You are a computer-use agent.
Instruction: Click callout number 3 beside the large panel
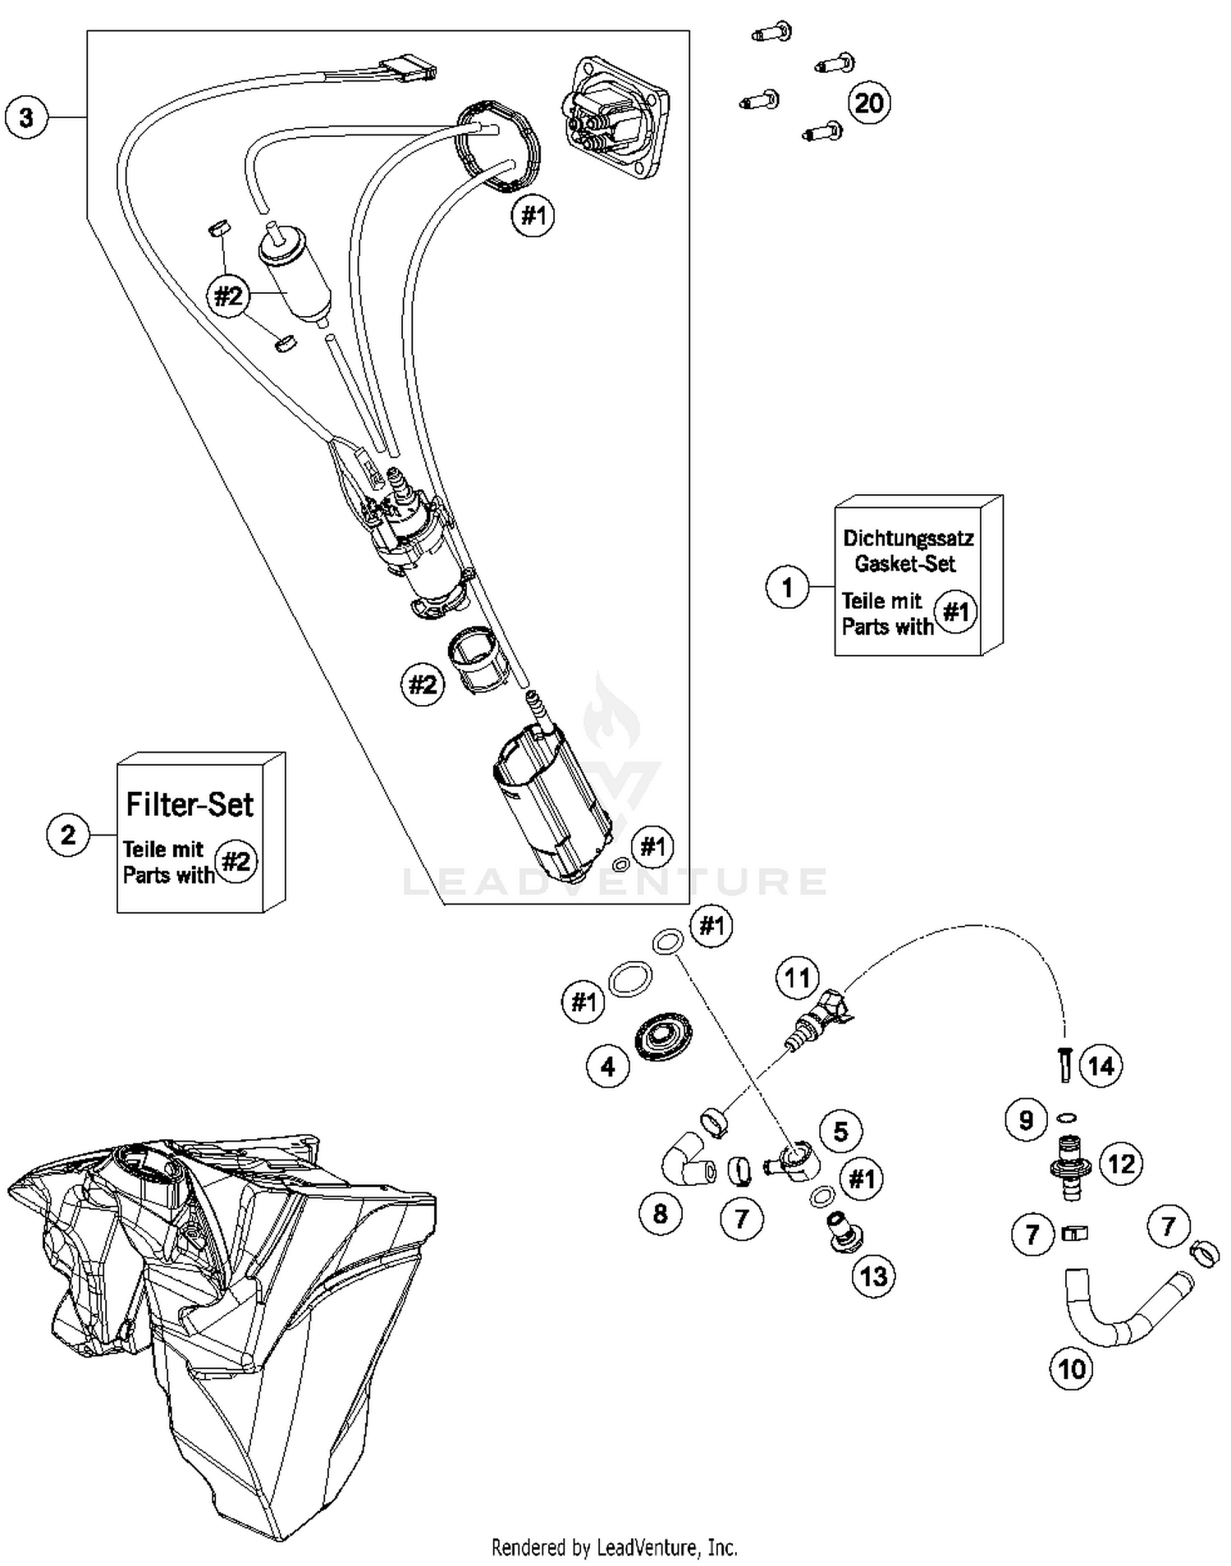(x=26, y=117)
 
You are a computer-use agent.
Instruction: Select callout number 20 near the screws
(x=868, y=103)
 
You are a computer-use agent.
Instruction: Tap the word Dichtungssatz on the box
(x=908, y=539)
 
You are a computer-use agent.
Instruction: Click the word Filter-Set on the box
(x=190, y=804)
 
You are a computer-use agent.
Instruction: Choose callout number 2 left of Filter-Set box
(x=68, y=835)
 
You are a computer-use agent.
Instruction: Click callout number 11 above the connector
(x=797, y=978)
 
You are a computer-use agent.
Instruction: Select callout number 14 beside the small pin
(x=1101, y=1066)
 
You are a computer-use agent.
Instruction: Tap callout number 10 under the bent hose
(x=1072, y=1369)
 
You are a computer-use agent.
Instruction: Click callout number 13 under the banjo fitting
(x=874, y=1276)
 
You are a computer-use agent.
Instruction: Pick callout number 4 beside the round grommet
(x=607, y=1066)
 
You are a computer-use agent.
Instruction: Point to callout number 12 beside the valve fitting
(x=1121, y=1163)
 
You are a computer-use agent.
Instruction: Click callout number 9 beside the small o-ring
(x=1026, y=1120)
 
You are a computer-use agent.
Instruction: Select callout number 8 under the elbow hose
(x=661, y=1213)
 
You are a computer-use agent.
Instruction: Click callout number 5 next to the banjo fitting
(x=840, y=1132)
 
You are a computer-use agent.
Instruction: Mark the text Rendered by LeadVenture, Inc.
(x=614, y=1548)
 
